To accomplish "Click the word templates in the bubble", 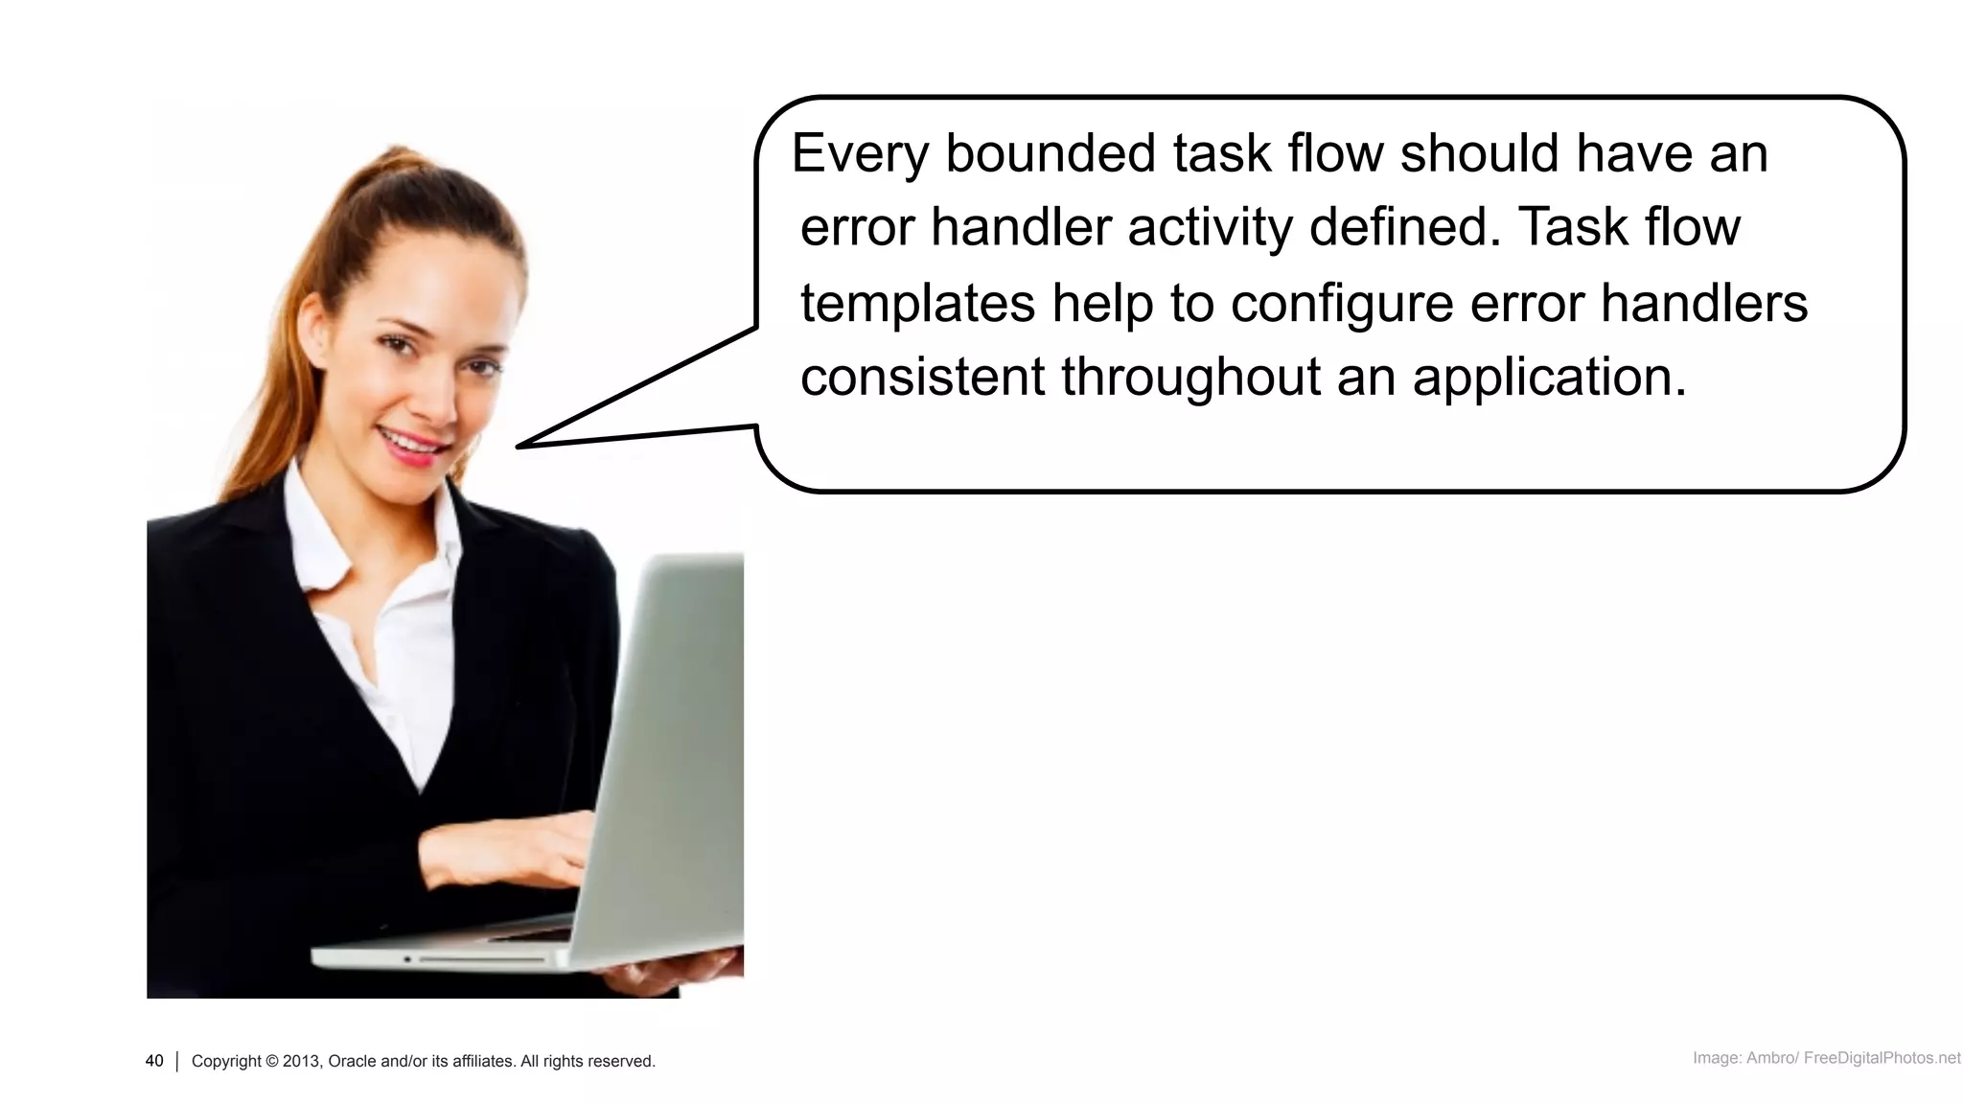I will click(917, 304).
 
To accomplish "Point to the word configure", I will click(1342, 304).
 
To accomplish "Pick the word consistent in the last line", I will click(922, 376).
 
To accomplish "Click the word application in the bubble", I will click(1549, 378).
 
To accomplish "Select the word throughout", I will click(1190, 376).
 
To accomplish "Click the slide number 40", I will click(154, 1061).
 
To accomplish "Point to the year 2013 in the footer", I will click(302, 1061).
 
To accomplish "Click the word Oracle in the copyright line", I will click(353, 1061).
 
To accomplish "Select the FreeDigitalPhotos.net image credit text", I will click(1882, 1058).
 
